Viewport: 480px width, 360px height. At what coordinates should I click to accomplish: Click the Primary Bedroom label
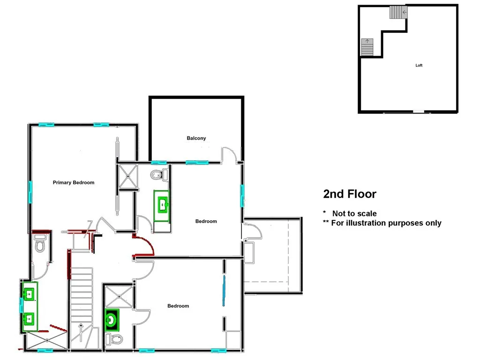74,182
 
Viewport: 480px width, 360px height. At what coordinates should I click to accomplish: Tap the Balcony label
196,138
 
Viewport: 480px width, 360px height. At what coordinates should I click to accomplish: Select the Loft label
419,65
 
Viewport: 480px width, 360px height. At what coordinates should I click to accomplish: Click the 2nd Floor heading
349,194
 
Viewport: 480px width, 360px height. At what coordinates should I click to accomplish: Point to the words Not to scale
354,213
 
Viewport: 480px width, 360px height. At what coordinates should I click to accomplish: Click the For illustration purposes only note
386,223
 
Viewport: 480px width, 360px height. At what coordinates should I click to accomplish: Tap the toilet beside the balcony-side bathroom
158,175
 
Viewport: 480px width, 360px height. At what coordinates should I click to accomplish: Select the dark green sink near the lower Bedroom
112,320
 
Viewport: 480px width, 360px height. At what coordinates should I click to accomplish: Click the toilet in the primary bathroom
39,245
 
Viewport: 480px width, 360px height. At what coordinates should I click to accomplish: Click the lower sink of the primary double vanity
29,319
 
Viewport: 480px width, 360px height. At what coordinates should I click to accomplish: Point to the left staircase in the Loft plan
367,47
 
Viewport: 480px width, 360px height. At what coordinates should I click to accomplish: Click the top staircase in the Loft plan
398,12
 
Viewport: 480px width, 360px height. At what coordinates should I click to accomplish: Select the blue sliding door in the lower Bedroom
224,291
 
